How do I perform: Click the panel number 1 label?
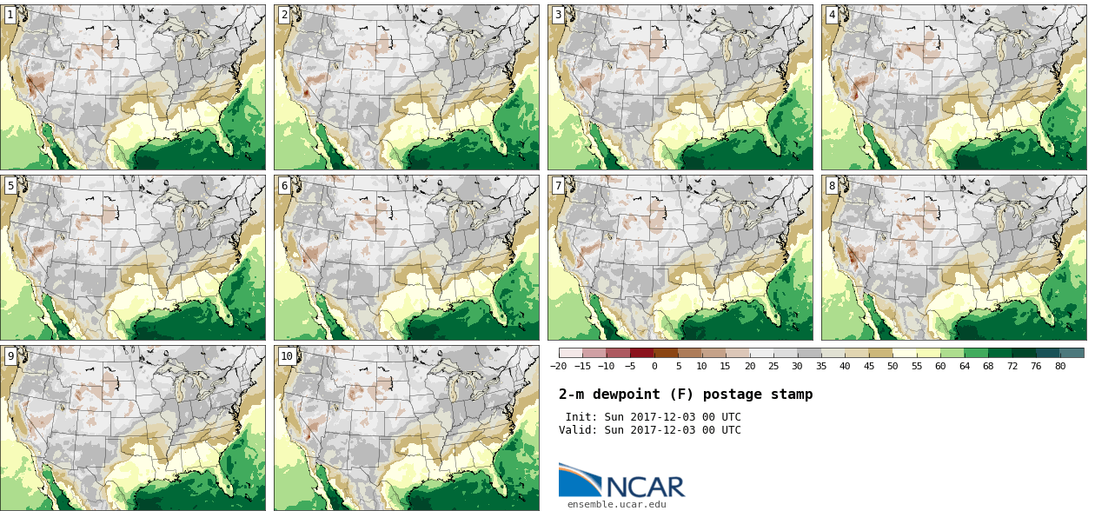tap(10, 15)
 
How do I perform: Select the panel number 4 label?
tap(832, 15)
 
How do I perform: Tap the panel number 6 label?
tap(284, 186)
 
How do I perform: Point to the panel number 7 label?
tap(558, 186)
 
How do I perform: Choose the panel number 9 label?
tap(10, 356)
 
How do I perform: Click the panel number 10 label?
tap(287, 356)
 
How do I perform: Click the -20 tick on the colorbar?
tap(558, 366)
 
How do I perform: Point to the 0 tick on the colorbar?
tap(654, 366)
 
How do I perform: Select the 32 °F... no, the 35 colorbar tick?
tap(820, 366)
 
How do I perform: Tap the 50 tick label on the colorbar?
tap(892, 366)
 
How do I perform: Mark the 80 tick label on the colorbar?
tap(1059, 366)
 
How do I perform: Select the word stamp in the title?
tap(792, 395)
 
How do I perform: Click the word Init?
tap(581, 417)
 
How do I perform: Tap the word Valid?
tap(578, 430)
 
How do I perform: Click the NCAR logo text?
tap(646, 487)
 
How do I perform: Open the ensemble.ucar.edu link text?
tap(617, 504)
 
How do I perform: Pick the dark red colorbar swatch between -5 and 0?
tap(642, 353)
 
